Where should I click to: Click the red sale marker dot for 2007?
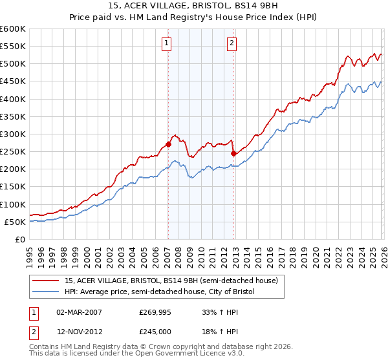tap(168, 145)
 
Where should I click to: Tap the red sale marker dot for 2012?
tap(233, 153)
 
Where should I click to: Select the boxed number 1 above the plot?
tap(166, 43)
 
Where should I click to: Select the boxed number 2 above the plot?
tap(232, 43)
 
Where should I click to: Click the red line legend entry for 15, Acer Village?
tap(171, 281)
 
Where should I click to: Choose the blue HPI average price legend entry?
tap(160, 292)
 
